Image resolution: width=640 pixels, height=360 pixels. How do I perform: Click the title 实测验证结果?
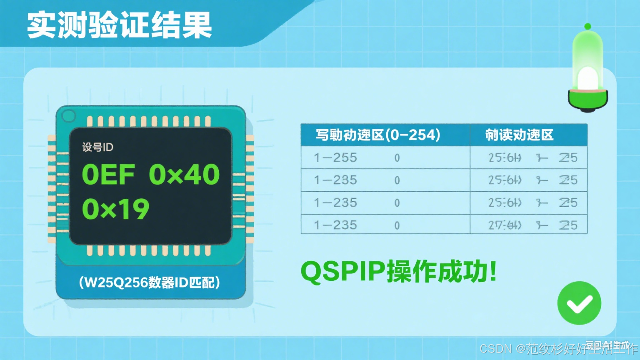pyautogui.click(x=120, y=25)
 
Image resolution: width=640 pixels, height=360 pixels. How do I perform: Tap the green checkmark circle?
pyautogui.click(x=579, y=303)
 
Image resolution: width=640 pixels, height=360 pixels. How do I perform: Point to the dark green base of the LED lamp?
pyautogui.click(x=587, y=100)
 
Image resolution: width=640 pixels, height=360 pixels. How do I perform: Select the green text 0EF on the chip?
pyautogui.click(x=108, y=175)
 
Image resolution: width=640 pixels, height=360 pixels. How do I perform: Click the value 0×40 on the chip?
pyautogui.click(x=184, y=175)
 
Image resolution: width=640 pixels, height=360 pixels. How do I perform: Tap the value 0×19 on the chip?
pyautogui.click(x=115, y=209)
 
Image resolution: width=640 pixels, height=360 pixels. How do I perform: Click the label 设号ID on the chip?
pyautogui.click(x=97, y=147)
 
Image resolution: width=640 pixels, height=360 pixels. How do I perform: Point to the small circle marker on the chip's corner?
pyautogui.click(x=69, y=115)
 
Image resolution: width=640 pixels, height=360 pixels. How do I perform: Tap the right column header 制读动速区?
pyautogui.click(x=519, y=135)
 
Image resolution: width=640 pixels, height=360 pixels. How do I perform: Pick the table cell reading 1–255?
pyautogui.click(x=335, y=157)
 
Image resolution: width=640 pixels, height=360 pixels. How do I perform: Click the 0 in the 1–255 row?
pyautogui.click(x=397, y=158)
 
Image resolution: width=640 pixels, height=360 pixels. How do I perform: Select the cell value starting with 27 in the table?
pyautogui.click(x=505, y=225)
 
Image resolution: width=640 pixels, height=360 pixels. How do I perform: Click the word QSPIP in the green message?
pyautogui.click(x=343, y=272)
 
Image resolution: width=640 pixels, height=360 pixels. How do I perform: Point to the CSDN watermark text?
pyautogui.click(x=495, y=348)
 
